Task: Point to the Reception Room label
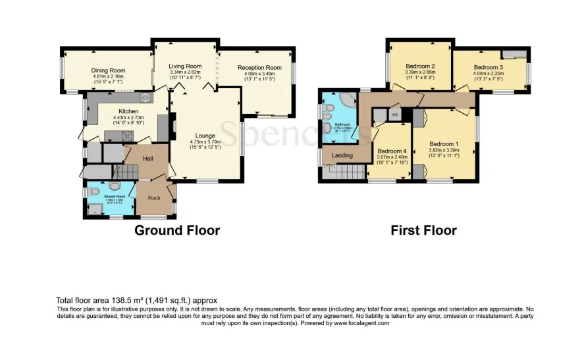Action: [x=259, y=68]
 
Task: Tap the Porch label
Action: [x=153, y=197]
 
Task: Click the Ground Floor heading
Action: [x=177, y=230]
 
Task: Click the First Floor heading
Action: [x=423, y=230]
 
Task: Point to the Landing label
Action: [x=342, y=155]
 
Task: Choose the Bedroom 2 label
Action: [x=419, y=66]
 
